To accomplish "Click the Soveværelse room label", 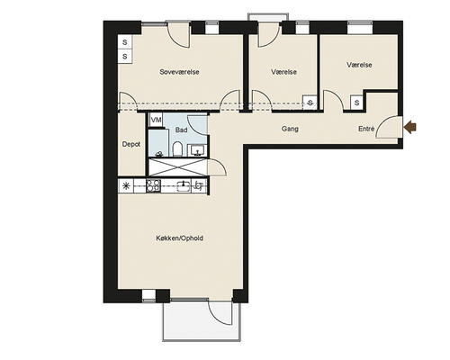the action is [179, 72].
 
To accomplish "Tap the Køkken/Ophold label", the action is [179, 238].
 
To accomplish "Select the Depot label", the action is [131, 144].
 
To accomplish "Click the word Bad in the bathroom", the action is [181, 130].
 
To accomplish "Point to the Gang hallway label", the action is [290, 129].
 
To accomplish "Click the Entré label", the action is [366, 129].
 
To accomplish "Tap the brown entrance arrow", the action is [410, 128].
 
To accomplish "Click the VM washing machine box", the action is [156, 120].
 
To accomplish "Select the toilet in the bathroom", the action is [177, 148].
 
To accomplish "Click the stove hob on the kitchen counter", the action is [153, 186].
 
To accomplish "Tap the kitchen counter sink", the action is [184, 186].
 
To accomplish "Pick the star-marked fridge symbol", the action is [126, 186].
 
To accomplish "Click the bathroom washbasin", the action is [197, 150].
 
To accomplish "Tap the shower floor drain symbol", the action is [159, 154].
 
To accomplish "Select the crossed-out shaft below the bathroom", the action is [177, 167].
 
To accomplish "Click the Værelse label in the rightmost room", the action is [359, 65].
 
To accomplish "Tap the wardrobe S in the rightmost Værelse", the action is [356, 103].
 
